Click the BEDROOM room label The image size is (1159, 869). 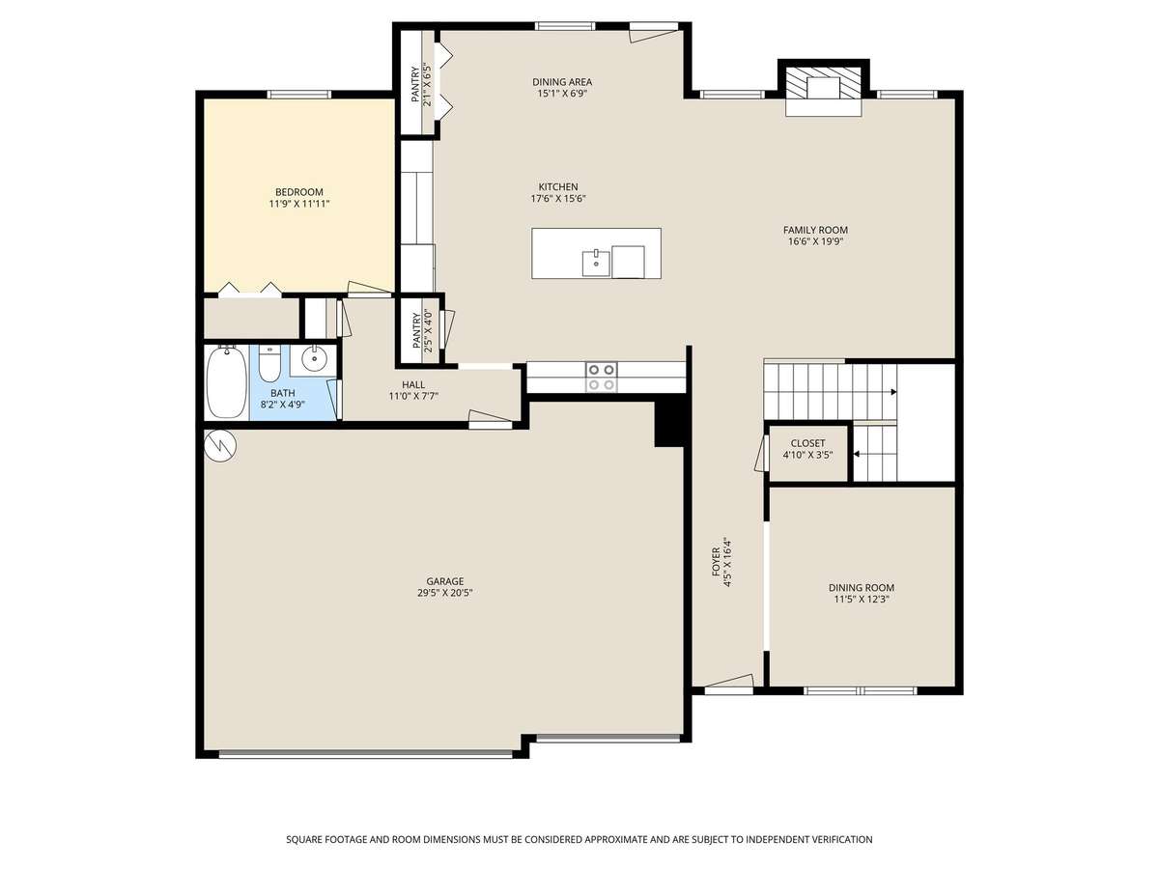click(x=298, y=192)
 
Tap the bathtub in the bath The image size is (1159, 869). click(x=227, y=381)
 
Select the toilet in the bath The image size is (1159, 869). click(x=269, y=363)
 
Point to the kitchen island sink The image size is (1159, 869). click(x=596, y=263)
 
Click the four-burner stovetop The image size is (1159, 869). click(x=602, y=377)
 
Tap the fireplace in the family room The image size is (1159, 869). click(x=824, y=90)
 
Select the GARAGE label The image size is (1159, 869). click(x=444, y=581)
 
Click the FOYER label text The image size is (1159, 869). click(x=716, y=562)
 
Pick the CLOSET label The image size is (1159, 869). click(x=807, y=443)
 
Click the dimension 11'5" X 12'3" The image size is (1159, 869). click(x=862, y=599)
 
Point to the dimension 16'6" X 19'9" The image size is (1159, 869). click(x=815, y=241)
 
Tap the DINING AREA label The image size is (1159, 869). click(x=562, y=82)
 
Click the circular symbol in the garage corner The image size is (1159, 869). click(x=219, y=446)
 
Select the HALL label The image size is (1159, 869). click(x=413, y=384)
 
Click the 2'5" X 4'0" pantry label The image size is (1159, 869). click(x=428, y=330)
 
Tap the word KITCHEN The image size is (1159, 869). click(x=558, y=186)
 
